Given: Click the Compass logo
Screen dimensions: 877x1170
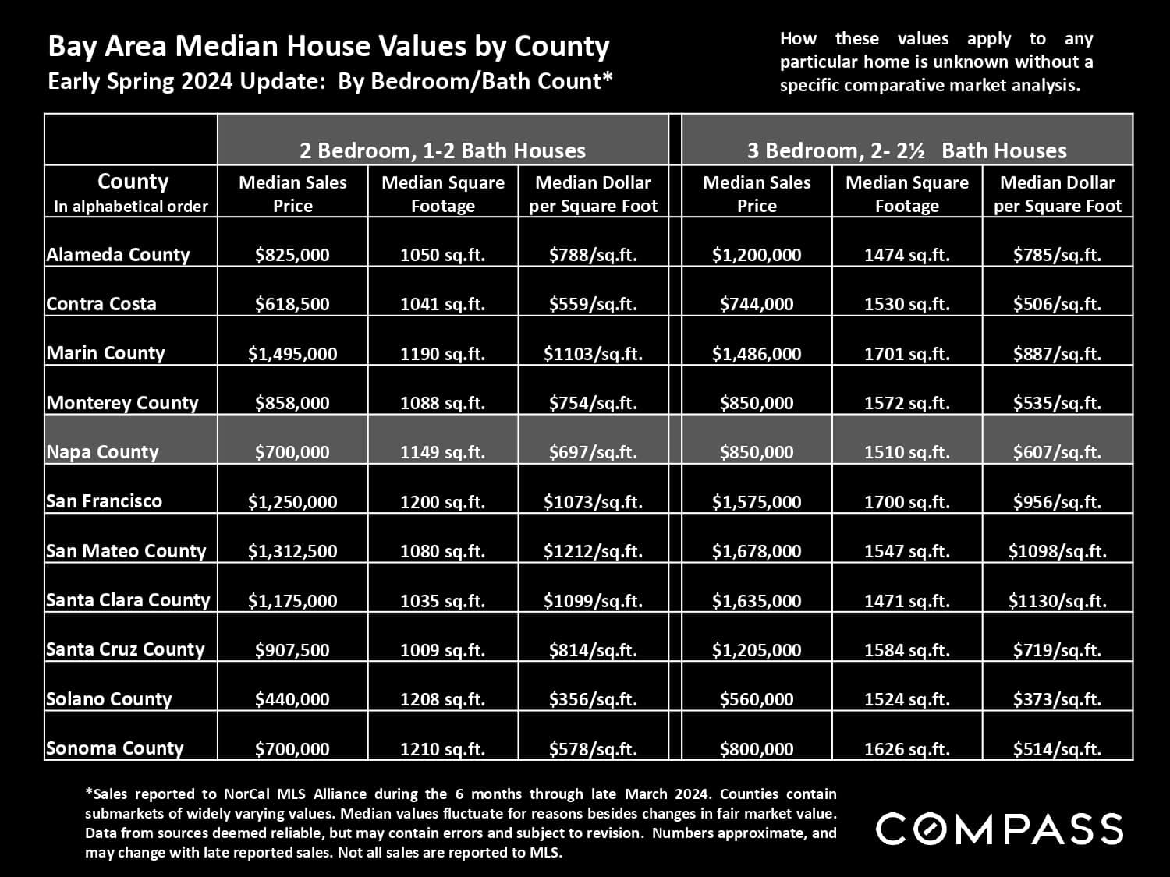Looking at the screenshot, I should [999, 828].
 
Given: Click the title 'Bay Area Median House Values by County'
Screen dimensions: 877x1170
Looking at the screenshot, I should [328, 47].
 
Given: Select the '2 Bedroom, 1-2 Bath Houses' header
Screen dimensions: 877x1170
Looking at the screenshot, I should [443, 150].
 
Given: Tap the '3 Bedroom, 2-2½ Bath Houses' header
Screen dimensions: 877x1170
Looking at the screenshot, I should [906, 150].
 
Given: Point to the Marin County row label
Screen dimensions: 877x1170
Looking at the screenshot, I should [105, 353].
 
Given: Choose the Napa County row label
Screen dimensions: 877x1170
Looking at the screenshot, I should [102, 452].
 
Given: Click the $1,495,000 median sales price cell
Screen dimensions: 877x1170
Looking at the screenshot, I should [292, 354].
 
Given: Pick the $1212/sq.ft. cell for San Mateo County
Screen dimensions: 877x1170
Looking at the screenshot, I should [593, 551].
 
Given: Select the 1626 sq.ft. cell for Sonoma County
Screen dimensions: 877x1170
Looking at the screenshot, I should [906, 749].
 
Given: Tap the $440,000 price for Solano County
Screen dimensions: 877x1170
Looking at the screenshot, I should [292, 699].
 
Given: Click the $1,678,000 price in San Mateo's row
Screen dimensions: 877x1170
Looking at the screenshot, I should [757, 551].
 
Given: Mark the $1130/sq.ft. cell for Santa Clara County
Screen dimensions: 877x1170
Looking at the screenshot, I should [1057, 601].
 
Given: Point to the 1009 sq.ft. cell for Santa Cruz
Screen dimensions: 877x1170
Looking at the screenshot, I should [442, 650].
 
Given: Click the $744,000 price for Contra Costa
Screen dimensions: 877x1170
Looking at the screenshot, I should [757, 304].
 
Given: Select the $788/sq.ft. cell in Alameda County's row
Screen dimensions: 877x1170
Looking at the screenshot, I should [593, 255].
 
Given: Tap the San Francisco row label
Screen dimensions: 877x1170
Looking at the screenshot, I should [104, 501].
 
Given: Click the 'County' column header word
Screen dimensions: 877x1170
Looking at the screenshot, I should [133, 182].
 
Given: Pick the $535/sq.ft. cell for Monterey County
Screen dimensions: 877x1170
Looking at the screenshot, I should [1057, 403].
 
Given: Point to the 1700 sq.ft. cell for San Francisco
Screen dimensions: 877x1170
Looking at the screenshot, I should [906, 502].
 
